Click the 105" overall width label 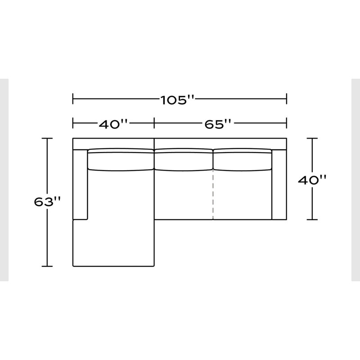tap(177, 100)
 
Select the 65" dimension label tap(218, 125)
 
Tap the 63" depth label tap(47, 202)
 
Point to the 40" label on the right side tap(312, 180)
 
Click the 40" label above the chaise tap(113, 125)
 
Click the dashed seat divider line tap(213, 195)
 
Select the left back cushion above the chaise tap(121, 160)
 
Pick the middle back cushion tap(184, 160)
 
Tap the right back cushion tap(243, 160)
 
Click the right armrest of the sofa tap(279, 184)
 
